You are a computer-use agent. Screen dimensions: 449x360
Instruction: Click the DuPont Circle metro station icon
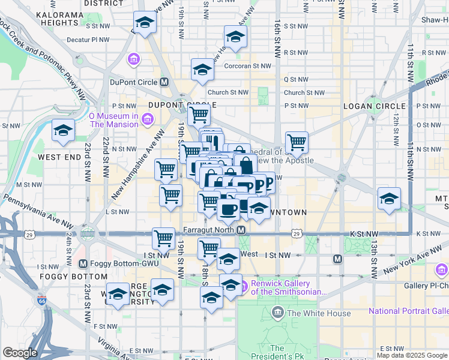point(164,82)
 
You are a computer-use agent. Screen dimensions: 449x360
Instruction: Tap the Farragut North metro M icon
point(241,230)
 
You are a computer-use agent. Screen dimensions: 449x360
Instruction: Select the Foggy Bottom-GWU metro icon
point(83,263)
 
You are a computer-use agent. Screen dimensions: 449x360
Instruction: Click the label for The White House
point(310,313)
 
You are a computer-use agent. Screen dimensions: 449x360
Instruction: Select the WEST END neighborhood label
point(59,157)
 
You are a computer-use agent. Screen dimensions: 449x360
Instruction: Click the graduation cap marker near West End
point(62,131)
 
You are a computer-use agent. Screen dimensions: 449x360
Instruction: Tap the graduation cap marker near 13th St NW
point(389,199)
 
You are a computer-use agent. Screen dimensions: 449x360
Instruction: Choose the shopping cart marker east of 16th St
point(297,143)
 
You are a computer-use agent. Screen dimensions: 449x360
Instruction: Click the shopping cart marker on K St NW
point(163,238)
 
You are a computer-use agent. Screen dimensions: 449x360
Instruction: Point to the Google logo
point(20,353)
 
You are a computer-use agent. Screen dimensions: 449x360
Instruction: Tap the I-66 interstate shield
point(41,299)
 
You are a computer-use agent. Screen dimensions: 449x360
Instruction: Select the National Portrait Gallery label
point(408,311)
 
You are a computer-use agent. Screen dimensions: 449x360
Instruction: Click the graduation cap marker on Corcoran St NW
point(203,70)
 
